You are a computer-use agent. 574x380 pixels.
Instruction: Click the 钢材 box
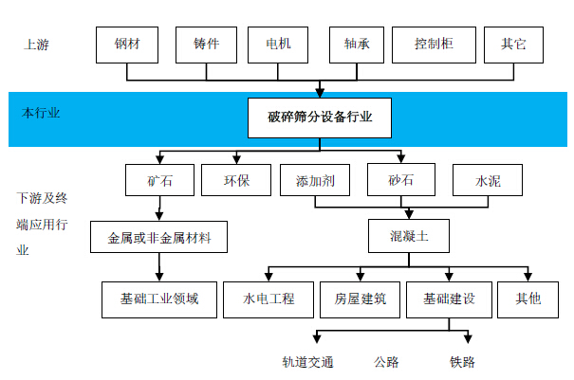(x=127, y=45)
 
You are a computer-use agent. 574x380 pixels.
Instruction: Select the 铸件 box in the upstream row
(x=206, y=45)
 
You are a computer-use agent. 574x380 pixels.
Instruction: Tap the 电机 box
(x=278, y=45)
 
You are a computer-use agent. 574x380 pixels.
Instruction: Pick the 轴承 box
(x=357, y=45)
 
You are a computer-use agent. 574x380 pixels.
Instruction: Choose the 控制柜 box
(x=434, y=45)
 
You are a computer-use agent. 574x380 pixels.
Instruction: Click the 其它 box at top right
(x=513, y=45)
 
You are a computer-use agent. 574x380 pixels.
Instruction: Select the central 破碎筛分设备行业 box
(x=320, y=118)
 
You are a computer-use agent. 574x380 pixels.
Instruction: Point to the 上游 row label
(x=36, y=45)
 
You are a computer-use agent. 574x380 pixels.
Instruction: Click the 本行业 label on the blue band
(x=41, y=113)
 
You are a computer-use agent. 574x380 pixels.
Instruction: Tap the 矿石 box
(x=159, y=180)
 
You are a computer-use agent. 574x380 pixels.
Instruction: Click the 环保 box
(x=236, y=180)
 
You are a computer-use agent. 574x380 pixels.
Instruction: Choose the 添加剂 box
(x=315, y=180)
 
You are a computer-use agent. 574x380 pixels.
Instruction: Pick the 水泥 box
(x=488, y=180)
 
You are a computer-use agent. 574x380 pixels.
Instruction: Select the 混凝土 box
(x=409, y=236)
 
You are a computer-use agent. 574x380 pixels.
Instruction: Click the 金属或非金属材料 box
(x=158, y=237)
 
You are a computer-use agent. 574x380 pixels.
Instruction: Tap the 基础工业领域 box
(x=159, y=299)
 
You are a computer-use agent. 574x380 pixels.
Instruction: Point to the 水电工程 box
(x=268, y=299)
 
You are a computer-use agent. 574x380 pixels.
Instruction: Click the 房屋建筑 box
(x=360, y=299)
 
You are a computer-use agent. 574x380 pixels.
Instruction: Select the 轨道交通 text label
(x=307, y=362)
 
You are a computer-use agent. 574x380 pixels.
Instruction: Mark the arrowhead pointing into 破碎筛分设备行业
(x=320, y=93)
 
